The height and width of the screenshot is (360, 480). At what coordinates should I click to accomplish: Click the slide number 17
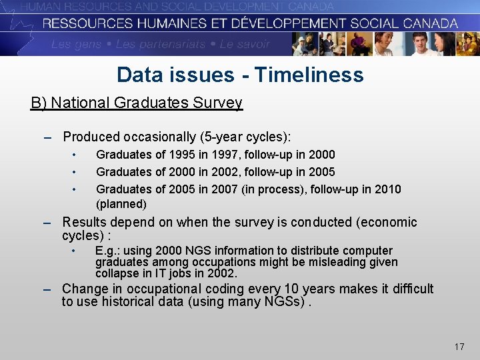[x=459, y=347]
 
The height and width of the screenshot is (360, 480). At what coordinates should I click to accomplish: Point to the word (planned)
[x=121, y=204]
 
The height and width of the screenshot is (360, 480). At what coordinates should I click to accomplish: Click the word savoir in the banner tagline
[x=253, y=45]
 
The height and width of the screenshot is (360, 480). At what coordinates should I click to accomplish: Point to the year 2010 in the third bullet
[x=389, y=189]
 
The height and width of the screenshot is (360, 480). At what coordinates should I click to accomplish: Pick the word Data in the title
[x=139, y=74]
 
